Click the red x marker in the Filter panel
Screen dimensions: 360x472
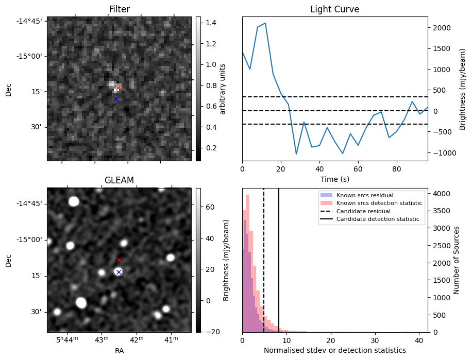pyautogui.click(x=118, y=88)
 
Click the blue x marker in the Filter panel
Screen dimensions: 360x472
pyautogui.click(x=116, y=99)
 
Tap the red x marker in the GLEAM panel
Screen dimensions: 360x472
pyautogui.click(x=119, y=260)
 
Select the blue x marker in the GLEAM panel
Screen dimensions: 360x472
pyautogui.click(x=119, y=272)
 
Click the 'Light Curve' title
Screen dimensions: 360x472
pyautogui.click(x=334, y=10)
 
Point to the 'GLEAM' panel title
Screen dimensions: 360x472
pyautogui.click(x=119, y=180)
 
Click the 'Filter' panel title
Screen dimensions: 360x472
pyautogui.click(x=119, y=10)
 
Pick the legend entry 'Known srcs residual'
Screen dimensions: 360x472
pyautogui.click(x=364, y=195)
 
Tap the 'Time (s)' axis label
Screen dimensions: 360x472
pyautogui.click(x=334, y=179)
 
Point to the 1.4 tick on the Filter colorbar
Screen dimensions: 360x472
pyautogui.click(x=213, y=23)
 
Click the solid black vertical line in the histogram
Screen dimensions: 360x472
pyautogui.click(x=279, y=258)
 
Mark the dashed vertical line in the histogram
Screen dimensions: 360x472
pyautogui.click(x=264, y=258)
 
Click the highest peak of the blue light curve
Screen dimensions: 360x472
pyautogui.click(x=265, y=23)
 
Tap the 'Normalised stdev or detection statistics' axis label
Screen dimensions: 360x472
pyautogui.click(x=334, y=350)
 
